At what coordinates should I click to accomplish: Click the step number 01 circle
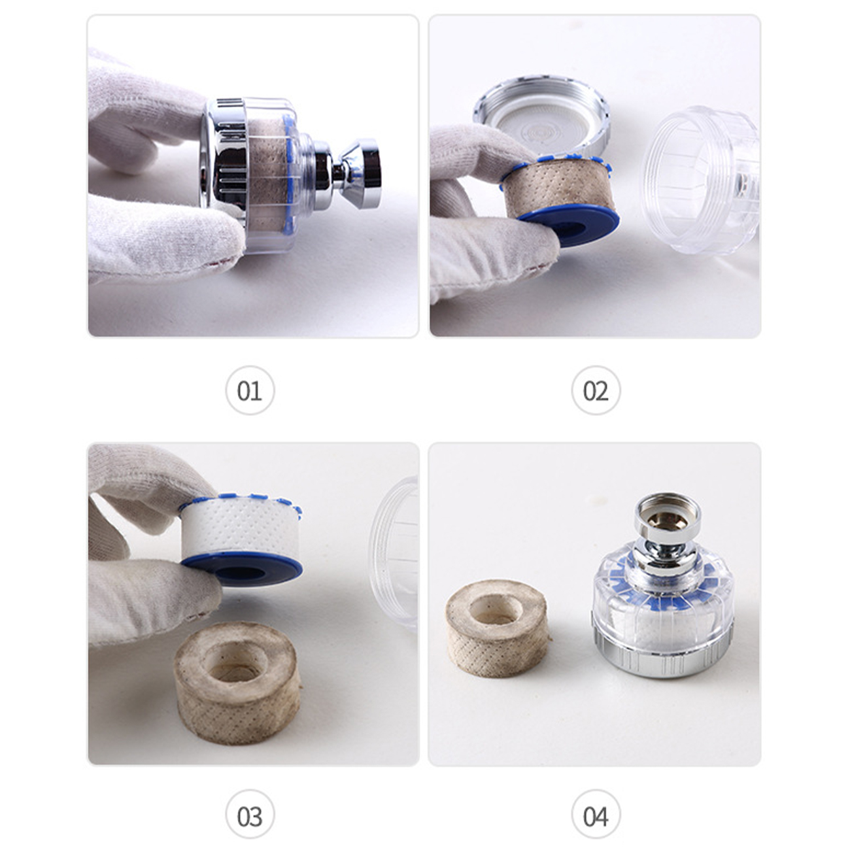click(250, 390)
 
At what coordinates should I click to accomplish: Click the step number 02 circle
click(596, 390)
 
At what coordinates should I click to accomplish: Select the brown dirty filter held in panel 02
click(559, 190)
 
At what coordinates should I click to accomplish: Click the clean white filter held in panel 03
click(241, 526)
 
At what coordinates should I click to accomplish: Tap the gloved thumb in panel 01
click(167, 237)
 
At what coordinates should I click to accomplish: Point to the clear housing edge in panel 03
click(394, 551)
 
